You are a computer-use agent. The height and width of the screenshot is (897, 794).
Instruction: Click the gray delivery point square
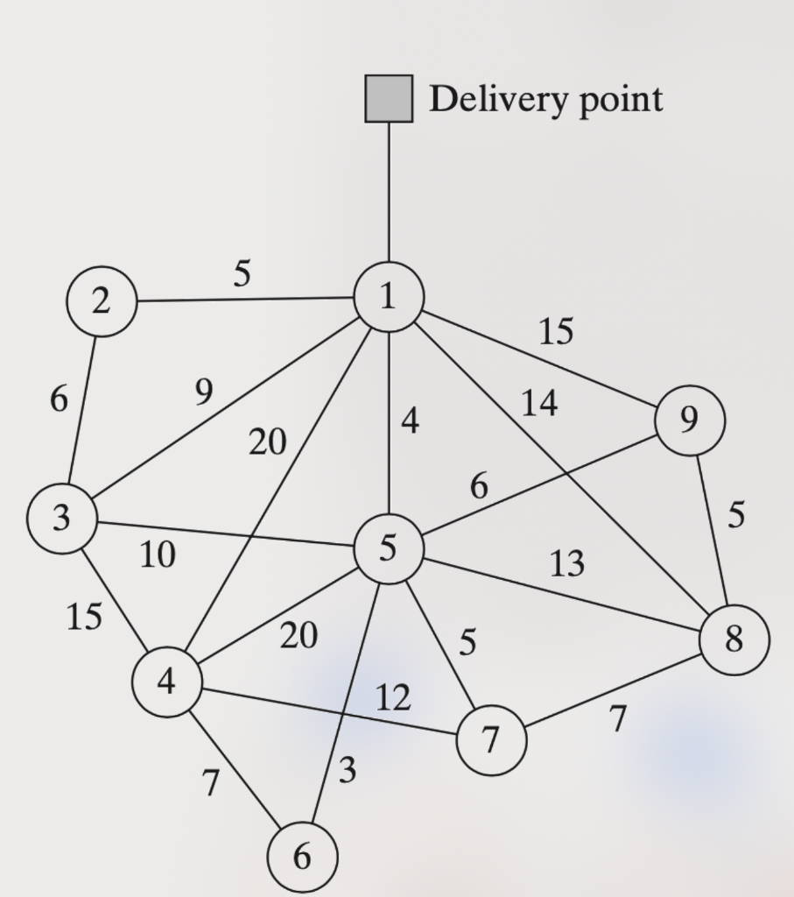[389, 98]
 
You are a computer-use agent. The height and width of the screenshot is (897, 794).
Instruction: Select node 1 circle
[389, 297]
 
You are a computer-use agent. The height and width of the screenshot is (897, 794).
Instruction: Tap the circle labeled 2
[102, 301]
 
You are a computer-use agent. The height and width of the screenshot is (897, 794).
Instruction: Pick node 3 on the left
[62, 519]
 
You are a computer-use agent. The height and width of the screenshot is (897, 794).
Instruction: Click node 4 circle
[167, 682]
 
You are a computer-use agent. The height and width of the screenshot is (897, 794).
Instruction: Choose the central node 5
[389, 548]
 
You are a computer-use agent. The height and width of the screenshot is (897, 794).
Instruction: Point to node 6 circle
[302, 857]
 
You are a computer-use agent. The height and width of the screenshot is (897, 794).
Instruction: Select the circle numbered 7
[491, 740]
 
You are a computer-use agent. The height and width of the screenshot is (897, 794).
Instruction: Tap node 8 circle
[734, 639]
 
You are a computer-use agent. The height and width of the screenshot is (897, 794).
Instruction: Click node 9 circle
[690, 420]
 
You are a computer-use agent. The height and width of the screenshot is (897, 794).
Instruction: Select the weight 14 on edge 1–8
[539, 403]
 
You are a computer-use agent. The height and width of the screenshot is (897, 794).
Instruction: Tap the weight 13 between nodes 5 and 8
[567, 563]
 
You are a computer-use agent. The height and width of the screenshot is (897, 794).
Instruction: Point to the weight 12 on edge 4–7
[393, 697]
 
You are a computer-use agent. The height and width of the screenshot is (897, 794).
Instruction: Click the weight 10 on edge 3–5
[158, 554]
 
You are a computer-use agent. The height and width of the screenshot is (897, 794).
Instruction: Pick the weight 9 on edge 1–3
[204, 392]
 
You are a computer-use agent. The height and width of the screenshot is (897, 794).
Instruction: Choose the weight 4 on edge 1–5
[411, 421]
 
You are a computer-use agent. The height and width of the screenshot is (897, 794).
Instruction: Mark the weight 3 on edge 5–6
[348, 769]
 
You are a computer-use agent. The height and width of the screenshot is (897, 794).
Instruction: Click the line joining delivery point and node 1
[390, 192]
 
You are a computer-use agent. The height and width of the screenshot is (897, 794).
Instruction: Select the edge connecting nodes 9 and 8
[712, 530]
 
